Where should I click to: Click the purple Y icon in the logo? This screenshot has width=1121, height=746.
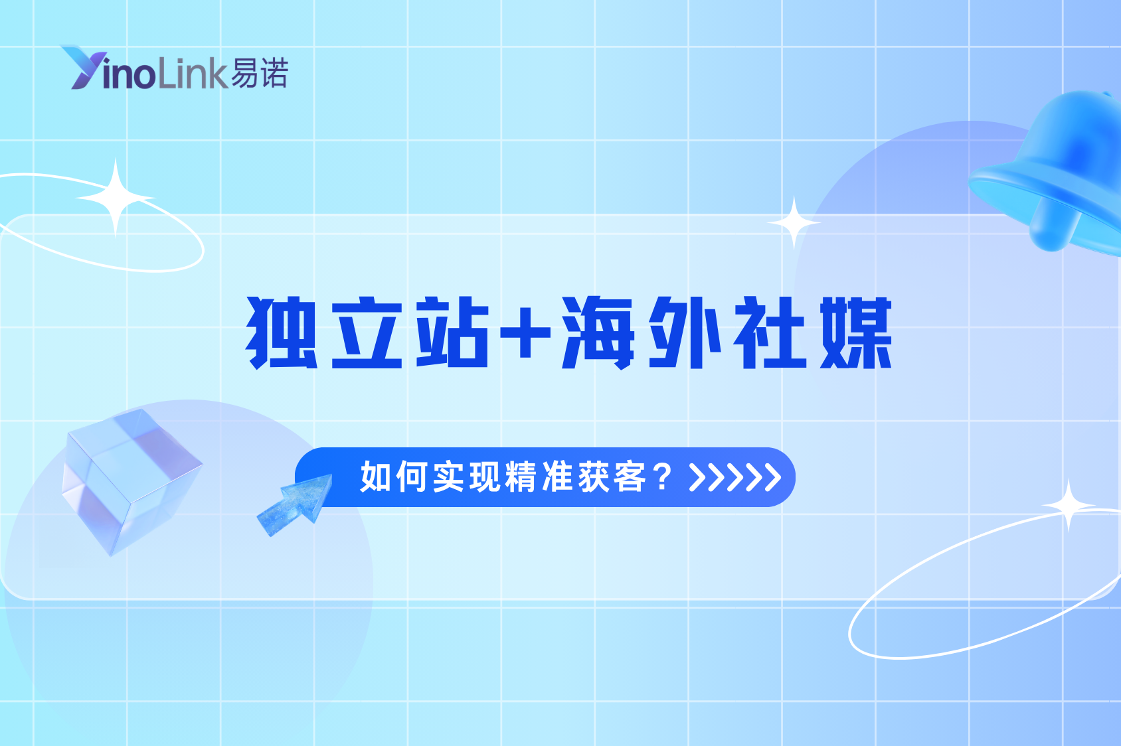pos(81,67)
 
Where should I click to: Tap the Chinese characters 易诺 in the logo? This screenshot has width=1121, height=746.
pos(260,73)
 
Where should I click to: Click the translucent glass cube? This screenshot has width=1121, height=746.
pos(130,478)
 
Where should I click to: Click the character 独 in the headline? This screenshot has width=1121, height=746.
pos(282,333)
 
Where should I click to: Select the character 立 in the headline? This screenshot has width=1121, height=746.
pos(367,333)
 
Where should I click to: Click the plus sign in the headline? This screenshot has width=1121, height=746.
pos(525,333)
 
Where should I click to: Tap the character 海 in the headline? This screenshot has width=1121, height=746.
pos(598,333)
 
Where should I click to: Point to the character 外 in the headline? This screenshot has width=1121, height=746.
pos(684,333)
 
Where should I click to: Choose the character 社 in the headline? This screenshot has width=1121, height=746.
pos(770,333)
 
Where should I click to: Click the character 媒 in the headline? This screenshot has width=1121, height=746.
pos(856,333)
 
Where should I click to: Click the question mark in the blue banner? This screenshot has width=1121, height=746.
pos(663,477)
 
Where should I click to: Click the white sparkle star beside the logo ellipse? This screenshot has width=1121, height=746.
pos(116,197)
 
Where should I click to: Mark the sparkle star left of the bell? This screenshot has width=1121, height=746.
pos(794,223)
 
